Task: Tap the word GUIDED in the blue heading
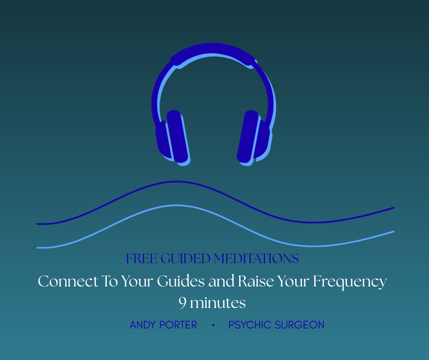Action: tap(185, 259)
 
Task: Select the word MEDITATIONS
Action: tap(256, 259)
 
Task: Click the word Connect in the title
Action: tap(68, 281)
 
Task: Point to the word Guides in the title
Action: tap(181, 281)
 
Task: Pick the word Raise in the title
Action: tap(256, 281)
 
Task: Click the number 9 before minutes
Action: tap(183, 303)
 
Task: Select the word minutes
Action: tap(218, 303)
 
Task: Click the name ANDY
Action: tap(143, 325)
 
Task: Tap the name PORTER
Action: tap(178, 325)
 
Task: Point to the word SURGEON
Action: tap(299, 325)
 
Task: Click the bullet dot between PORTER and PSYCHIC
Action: tap(214, 325)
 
